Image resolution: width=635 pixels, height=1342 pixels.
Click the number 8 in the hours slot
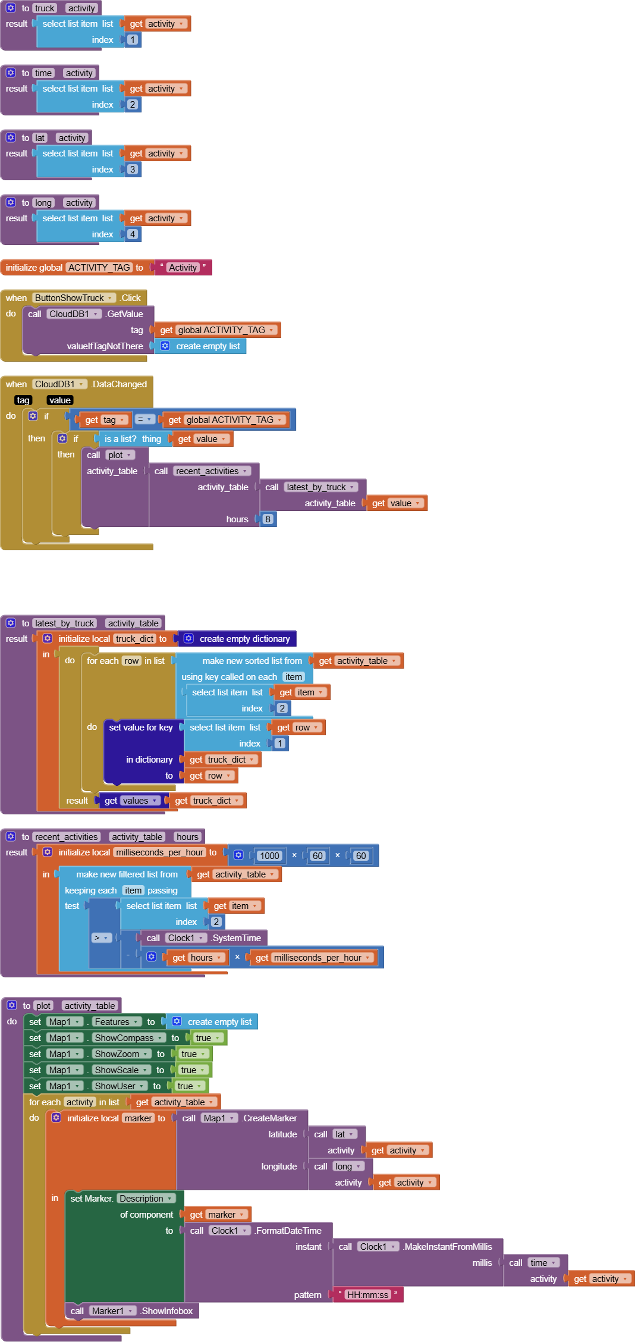click(268, 519)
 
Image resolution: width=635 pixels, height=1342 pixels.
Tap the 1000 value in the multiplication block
click(269, 856)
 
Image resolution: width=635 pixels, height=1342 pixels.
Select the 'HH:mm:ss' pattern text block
click(367, 1295)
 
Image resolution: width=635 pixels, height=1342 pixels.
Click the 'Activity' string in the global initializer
click(183, 268)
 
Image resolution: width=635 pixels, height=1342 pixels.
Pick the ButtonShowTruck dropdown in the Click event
click(73, 298)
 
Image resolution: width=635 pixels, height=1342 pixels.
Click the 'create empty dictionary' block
click(244, 639)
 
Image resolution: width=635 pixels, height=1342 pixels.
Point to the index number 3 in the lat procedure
click(133, 170)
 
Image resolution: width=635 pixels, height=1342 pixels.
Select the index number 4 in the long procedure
click(133, 234)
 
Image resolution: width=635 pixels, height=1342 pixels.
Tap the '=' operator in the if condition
click(144, 419)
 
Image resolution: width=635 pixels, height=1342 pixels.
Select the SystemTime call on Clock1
click(236, 938)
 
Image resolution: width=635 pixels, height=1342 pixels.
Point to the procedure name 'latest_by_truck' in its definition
click(64, 623)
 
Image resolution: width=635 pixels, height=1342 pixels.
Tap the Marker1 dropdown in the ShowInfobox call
click(112, 1311)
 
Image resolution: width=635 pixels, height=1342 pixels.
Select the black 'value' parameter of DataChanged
click(60, 400)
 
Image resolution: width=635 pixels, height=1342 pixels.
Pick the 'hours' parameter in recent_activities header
click(187, 837)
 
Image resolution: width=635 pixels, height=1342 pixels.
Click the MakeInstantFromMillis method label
click(448, 1247)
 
